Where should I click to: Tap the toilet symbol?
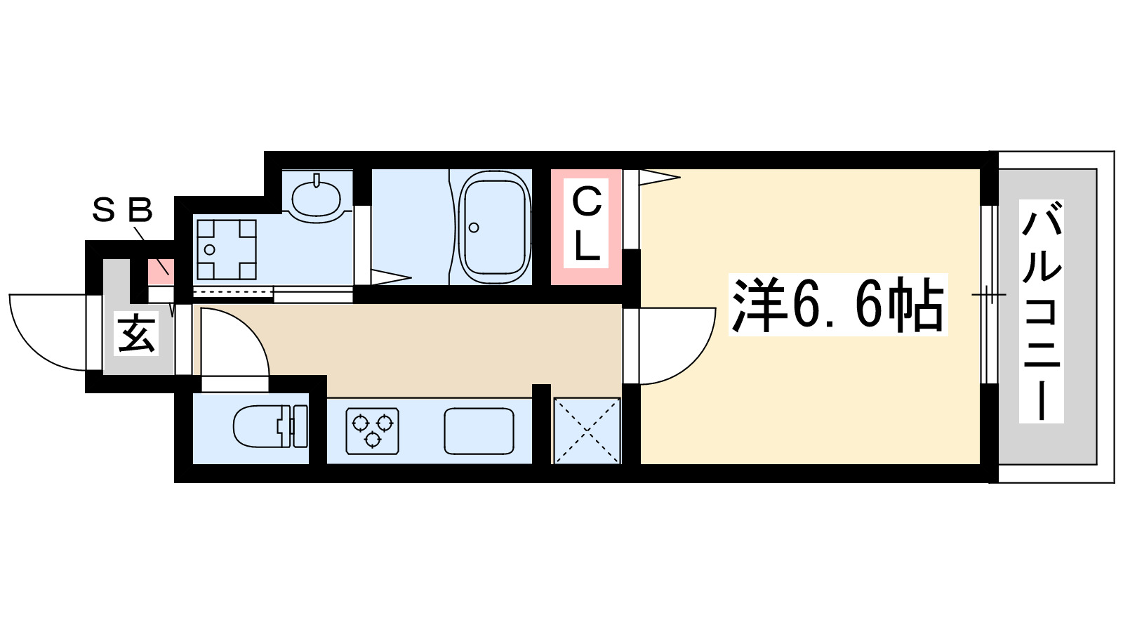270,426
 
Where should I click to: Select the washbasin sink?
316,198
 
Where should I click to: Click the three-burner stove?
372,430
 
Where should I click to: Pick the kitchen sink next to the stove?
479,430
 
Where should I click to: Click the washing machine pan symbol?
226,249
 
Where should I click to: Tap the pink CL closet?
586,226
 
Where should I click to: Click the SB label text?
122,210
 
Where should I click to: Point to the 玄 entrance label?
136,334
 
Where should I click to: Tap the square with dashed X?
587,430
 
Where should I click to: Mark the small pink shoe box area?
160,269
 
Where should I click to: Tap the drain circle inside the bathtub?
474,228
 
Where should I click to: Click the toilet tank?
298,426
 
